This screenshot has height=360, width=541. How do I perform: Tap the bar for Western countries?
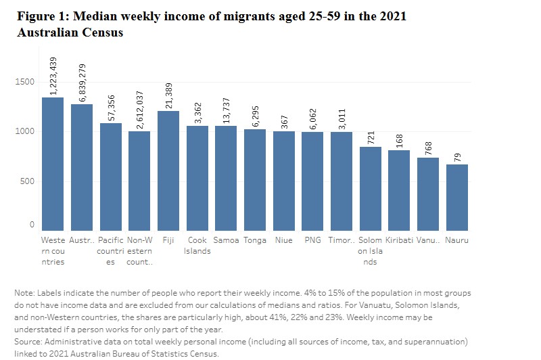click(53, 164)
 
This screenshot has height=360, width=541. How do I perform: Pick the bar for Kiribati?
click(400, 190)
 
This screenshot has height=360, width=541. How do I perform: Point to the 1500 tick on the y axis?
click(25, 82)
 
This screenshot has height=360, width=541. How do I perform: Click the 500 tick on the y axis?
click(27, 181)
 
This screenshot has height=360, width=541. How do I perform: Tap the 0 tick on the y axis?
click(31, 224)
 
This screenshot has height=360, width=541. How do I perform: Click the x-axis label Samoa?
click(226, 240)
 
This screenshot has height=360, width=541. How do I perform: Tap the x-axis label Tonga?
click(255, 240)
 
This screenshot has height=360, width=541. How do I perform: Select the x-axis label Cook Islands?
click(197, 246)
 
